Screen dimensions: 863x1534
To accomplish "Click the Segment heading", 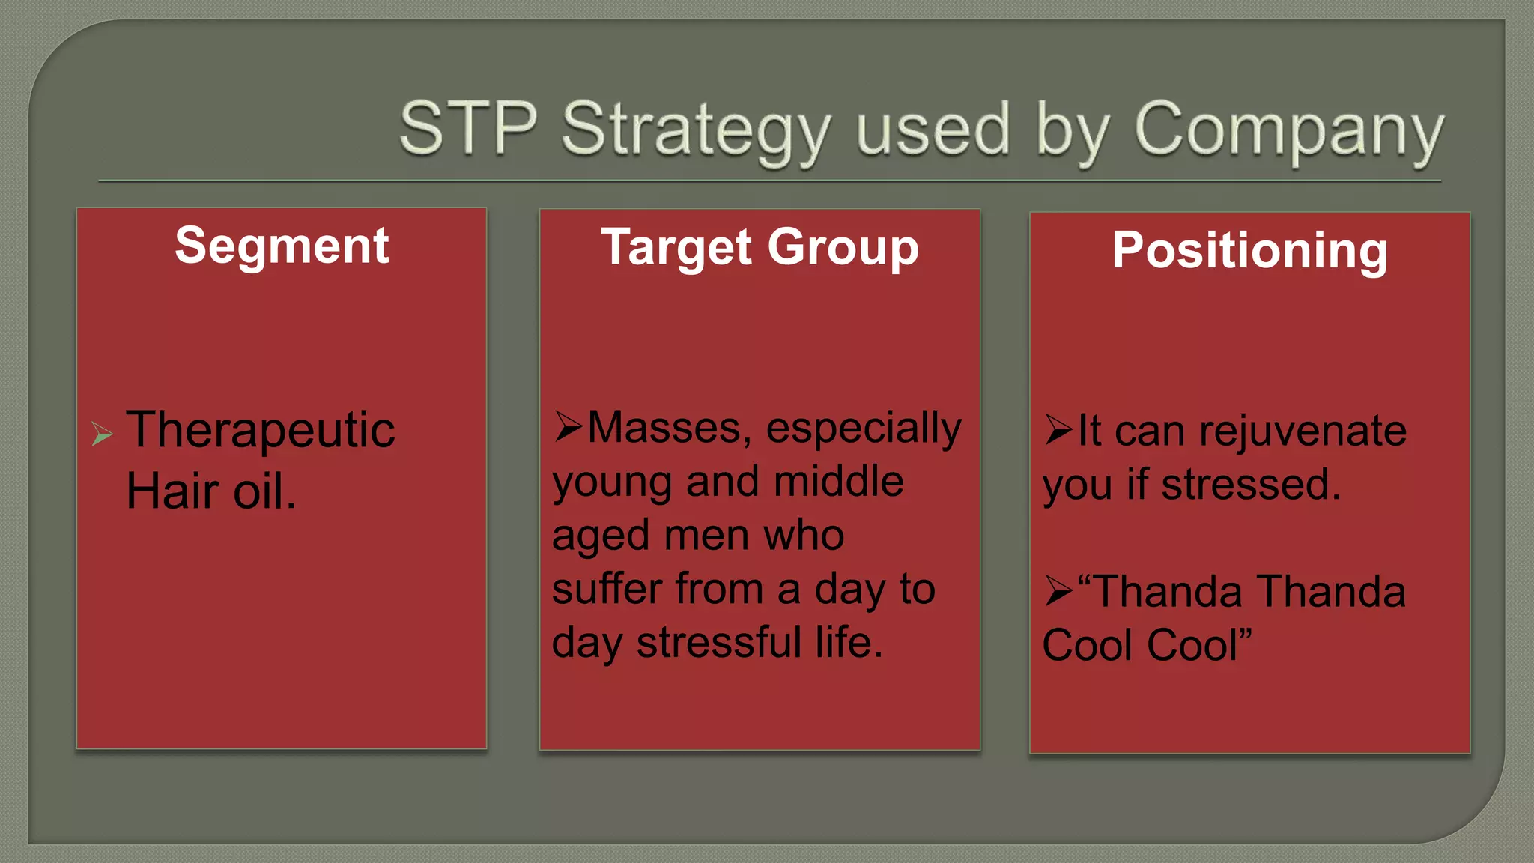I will coord(282,246).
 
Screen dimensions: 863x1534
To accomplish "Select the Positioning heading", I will coord(1249,250).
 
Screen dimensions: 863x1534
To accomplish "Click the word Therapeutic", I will coord(260,430).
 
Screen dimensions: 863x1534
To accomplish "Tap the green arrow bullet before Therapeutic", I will coord(102,434).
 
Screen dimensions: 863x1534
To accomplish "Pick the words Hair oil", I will coord(211,491).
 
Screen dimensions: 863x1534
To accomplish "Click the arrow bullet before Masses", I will coord(569,426).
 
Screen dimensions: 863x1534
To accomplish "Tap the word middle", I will coord(838,481).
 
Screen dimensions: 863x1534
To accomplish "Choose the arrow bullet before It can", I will coord(1058,430).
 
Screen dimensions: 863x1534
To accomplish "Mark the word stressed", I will coord(1250,485).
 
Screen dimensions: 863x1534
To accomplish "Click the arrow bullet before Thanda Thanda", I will coord(1058,591).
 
